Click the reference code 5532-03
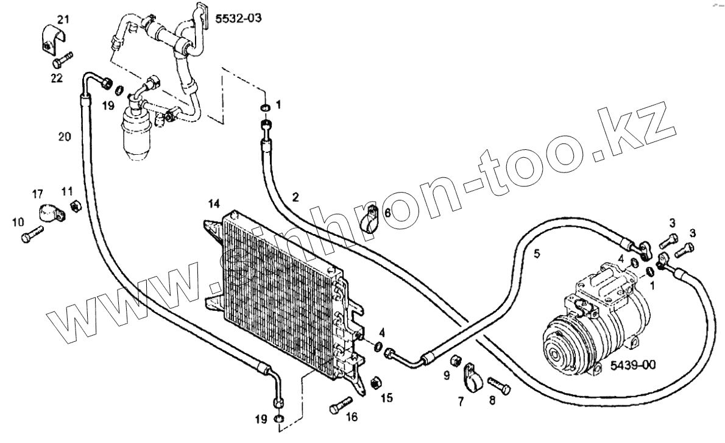tap(238, 18)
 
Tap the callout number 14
tap(213, 203)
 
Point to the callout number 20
tap(65, 138)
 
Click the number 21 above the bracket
tap(63, 19)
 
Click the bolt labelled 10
tap(32, 235)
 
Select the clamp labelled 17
tap(51, 214)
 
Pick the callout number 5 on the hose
tap(537, 254)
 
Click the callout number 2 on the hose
tap(295, 197)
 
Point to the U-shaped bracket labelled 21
tap(54, 39)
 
